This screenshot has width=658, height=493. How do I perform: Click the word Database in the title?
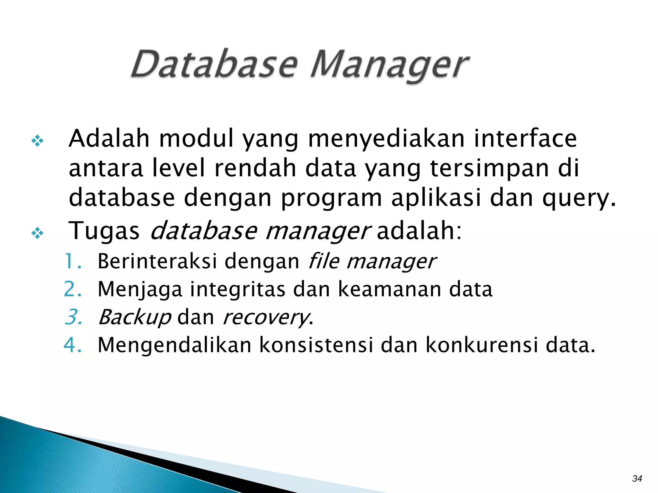click(x=214, y=64)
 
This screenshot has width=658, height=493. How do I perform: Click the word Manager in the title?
click(x=389, y=66)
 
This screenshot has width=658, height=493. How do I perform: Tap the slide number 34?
click(x=637, y=479)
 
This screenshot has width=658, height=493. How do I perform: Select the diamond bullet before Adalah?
click(x=38, y=141)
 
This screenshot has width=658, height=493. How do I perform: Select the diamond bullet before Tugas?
click(x=38, y=233)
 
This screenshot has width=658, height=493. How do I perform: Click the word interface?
click(x=525, y=138)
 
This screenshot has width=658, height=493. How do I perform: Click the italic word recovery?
click(x=265, y=318)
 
